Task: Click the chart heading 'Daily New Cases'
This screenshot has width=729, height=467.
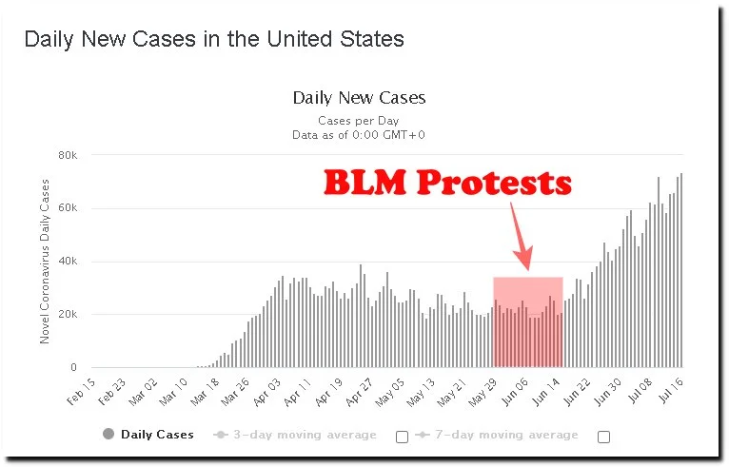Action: [x=359, y=97]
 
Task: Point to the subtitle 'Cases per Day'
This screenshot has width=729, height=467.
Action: [x=359, y=121]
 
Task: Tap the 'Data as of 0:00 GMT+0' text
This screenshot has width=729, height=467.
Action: [x=359, y=135]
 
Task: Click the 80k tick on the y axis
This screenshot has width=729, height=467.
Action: [x=68, y=155]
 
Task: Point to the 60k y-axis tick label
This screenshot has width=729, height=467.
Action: [x=68, y=208]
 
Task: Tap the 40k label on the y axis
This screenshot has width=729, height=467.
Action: [x=68, y=262]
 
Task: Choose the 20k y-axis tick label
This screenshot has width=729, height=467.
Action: [x=68, y=315]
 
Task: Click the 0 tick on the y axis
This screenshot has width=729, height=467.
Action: [x=73, y=368]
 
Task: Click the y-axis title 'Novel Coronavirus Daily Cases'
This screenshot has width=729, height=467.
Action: [x=45, y=262]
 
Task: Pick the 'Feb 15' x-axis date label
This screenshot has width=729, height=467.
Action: [x=82, y=393]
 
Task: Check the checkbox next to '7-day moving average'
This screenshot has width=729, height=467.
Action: [x=602, y=437]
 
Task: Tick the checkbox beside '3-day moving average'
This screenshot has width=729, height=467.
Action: [x=401, y=437]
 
